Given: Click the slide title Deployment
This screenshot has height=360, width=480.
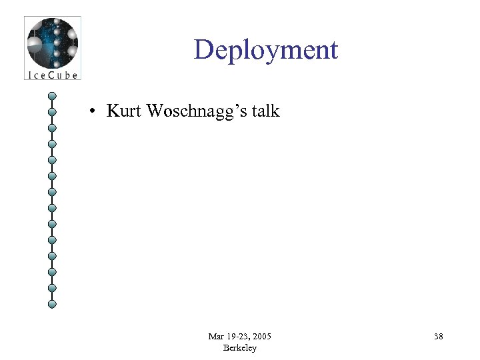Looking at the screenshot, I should point(266,51).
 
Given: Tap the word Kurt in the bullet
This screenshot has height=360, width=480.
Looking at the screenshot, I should point(124,111).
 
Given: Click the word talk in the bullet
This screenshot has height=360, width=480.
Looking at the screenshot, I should point(266,111).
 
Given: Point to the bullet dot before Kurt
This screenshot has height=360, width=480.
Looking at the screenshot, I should point(96,111).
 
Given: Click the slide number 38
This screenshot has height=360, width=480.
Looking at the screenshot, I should point(438,337).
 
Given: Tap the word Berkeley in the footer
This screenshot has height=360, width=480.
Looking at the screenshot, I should point(240,348).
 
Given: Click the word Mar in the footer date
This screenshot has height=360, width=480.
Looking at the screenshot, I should point(215,337).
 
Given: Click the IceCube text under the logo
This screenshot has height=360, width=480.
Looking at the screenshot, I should point(52,75).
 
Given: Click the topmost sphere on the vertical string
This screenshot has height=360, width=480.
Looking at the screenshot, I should point(52,96).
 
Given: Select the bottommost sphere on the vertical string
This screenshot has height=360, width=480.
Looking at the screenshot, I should point(52,304).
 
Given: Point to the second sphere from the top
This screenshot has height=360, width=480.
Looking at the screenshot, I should point(52,112).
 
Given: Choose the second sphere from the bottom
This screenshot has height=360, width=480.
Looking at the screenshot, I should point(52,288).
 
